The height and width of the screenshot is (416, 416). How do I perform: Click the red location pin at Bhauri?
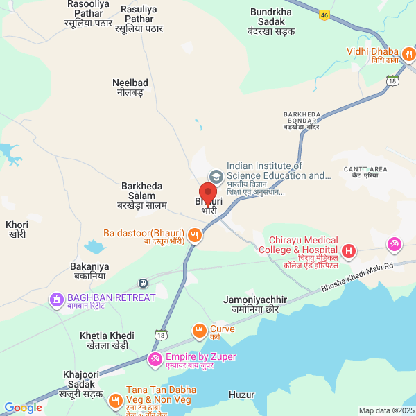pos(208,193)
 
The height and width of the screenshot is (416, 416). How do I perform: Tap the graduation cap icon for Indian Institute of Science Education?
pos(216,176)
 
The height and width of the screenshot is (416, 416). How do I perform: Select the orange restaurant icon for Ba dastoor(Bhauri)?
pos(195,236)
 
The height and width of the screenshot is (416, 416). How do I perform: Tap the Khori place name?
pos(16,229)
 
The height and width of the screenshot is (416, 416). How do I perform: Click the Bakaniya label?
pos(89,270)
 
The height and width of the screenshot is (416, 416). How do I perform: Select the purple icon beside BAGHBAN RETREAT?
pos(56,300)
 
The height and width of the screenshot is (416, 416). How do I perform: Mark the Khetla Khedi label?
pos(107,340)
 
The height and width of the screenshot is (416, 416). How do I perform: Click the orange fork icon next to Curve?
pos(199,331)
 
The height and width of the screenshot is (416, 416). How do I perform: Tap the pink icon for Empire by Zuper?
pos(155,359)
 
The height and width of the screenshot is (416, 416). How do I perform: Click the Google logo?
pos(23,407)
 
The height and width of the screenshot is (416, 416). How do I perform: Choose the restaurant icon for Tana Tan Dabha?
pos(115,400)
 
